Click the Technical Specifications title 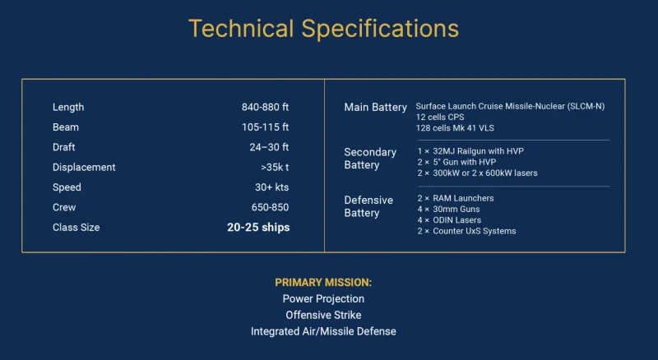pos(323,29)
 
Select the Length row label pos(68,108)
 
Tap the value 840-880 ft pos(265,108)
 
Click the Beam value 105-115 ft pos(265,127)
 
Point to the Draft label pos(64,147)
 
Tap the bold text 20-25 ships pos(258,228)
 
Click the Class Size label pos(76,228)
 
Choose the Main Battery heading pos(375,108)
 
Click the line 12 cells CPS pos(440,118)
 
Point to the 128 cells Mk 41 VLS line pos(455,128)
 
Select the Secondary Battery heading pos(370,159)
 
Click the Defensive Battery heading pos(368,206)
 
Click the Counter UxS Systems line pos(466,231)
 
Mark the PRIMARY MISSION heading pos(323,282)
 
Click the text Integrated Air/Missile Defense pos(323,331)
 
